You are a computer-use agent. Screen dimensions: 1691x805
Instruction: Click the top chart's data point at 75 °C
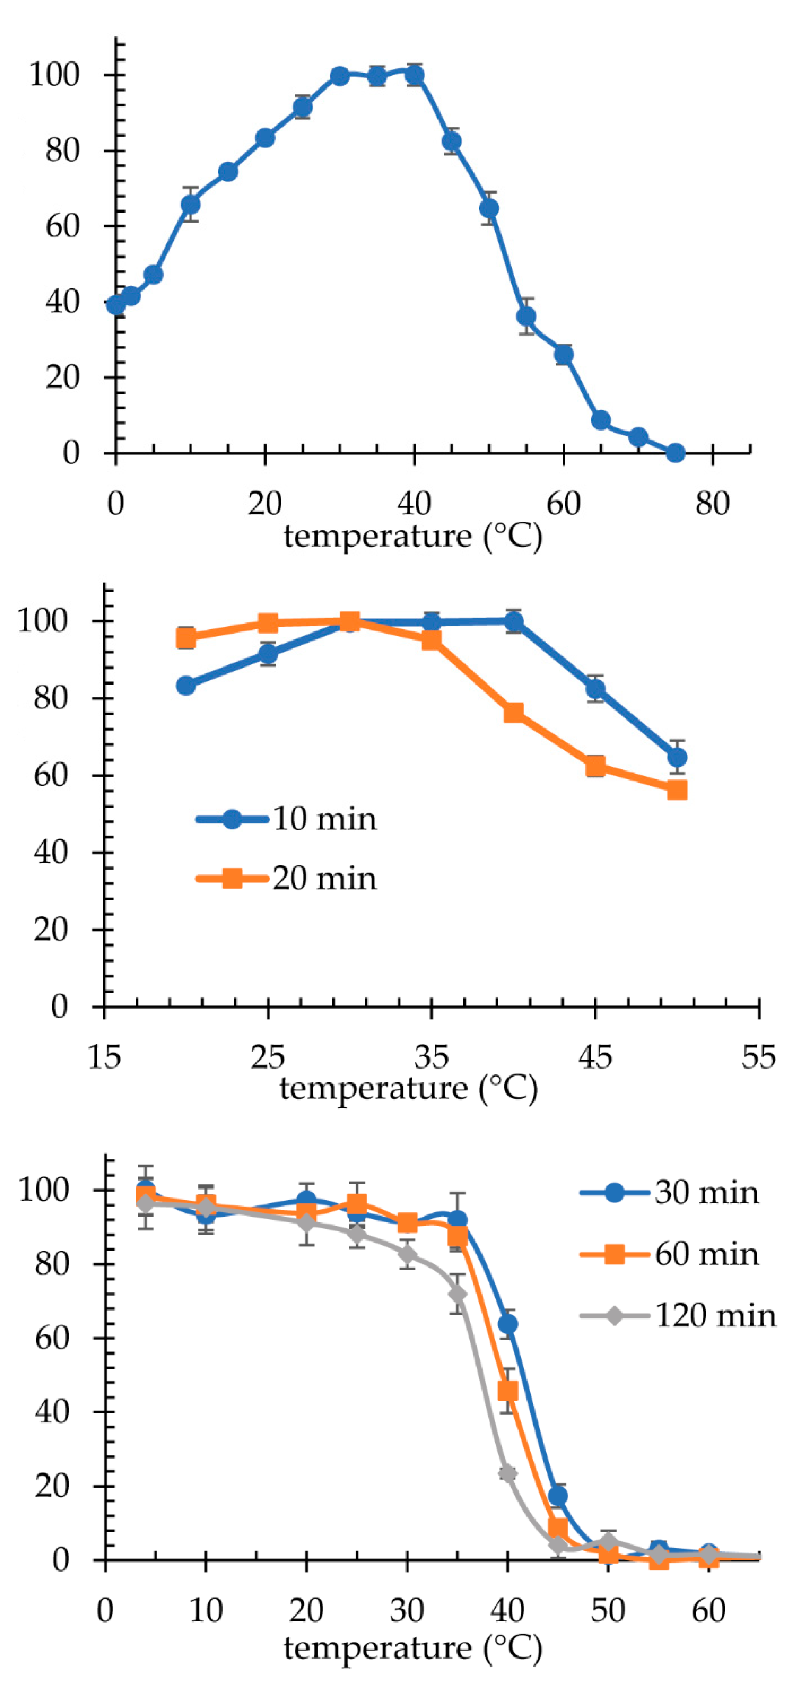pos(675,453)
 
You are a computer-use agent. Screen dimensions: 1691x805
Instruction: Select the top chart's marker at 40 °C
pos(415,75)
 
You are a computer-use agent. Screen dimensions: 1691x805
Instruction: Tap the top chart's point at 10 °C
pos(190,205)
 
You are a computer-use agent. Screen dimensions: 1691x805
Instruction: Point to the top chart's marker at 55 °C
pos(526,317)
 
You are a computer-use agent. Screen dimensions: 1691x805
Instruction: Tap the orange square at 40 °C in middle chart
pos(514,713)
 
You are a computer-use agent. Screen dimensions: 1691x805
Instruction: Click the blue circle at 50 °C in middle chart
pos(677,757)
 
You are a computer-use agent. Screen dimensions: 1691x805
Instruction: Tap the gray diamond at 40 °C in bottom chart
pos(507,1474)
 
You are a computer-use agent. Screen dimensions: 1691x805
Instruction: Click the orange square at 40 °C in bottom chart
pos(507,1391)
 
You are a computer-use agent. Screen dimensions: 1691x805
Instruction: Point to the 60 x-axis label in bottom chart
pos(708,1611)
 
